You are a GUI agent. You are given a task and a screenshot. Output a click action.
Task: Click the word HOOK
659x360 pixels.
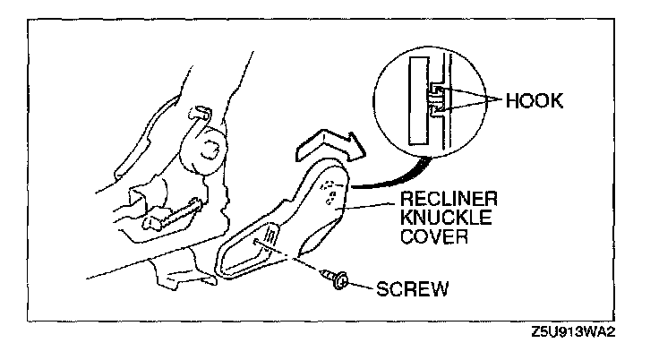click(x=534, y=101)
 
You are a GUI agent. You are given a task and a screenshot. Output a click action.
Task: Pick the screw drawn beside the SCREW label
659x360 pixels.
click(x=336, y=280)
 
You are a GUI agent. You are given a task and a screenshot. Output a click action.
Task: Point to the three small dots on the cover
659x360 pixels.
click(x=330, y=188)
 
